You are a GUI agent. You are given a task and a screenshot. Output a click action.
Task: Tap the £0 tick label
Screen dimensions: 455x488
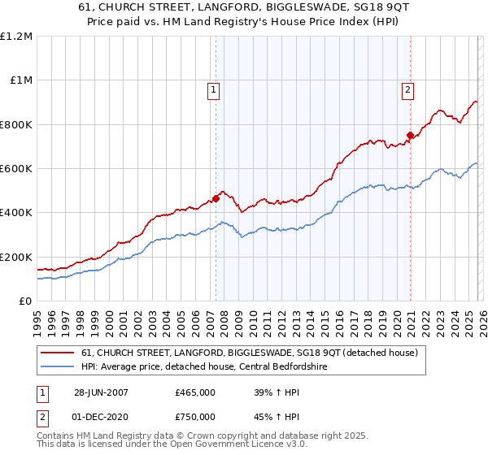click(25, 301)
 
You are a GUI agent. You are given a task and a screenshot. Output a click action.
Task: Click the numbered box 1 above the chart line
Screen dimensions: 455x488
click(213, 90)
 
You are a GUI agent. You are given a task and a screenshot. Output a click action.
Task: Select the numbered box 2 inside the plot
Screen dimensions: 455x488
click(407, 90)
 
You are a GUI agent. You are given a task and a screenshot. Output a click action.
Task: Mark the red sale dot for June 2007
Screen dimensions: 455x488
click(216, 198)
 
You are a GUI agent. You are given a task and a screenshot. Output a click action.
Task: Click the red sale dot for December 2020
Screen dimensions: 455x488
click(410, 136)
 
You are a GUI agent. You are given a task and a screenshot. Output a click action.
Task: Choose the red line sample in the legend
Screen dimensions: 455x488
click(58, 353)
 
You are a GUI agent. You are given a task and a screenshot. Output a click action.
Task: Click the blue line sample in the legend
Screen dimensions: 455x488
click(58, 366)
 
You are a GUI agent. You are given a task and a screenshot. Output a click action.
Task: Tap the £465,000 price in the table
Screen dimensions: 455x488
click(195, 392)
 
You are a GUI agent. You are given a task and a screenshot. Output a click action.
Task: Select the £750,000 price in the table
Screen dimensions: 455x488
click(195, 418)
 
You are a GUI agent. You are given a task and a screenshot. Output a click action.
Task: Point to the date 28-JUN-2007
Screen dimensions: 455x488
click(101, 392)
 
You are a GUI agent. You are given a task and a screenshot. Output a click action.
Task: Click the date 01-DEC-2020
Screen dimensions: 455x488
click(101, 418)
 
